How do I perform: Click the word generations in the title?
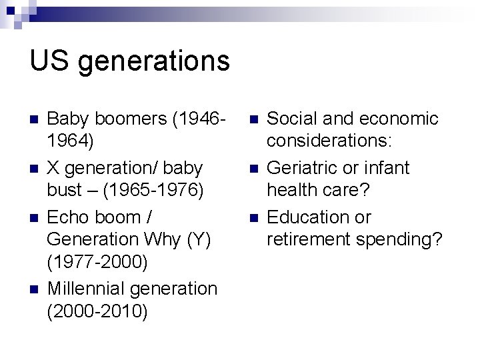click(x=154, y=62)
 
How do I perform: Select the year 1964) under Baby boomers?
click(x=71, y=141)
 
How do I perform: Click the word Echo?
click(x=69, y=217)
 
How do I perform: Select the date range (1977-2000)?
click(x=97, y=262)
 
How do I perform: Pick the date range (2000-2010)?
click(x=97, y=311)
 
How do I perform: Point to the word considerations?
click(x=329, y=141)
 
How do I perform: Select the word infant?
click(x=388, y=168)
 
